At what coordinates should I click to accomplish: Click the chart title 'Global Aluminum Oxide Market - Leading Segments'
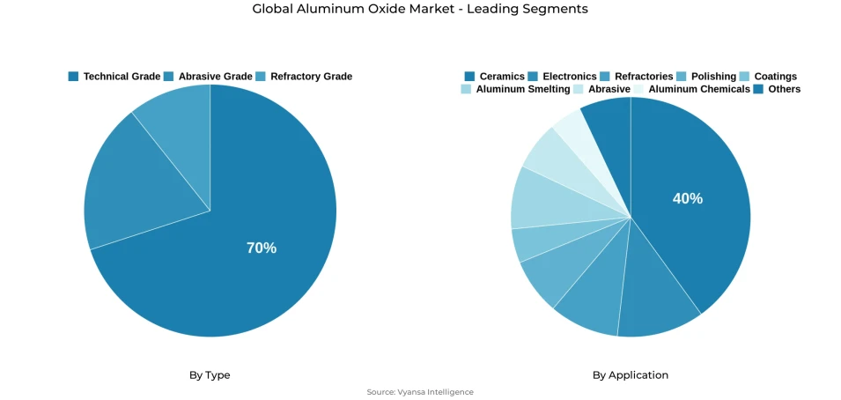coord(420,9)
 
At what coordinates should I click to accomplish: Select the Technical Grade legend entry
coord(114,77)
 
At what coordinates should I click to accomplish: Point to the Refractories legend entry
coord(636,77)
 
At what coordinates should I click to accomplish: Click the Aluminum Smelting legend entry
coord(515,89)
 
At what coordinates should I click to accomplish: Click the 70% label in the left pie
coord(262,248)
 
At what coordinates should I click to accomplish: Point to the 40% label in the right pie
coord(688,199)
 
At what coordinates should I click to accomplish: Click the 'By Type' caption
coord(210,375)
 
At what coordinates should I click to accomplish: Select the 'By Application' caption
coord(631,375)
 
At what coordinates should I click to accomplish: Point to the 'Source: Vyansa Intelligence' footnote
coord(420,392)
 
